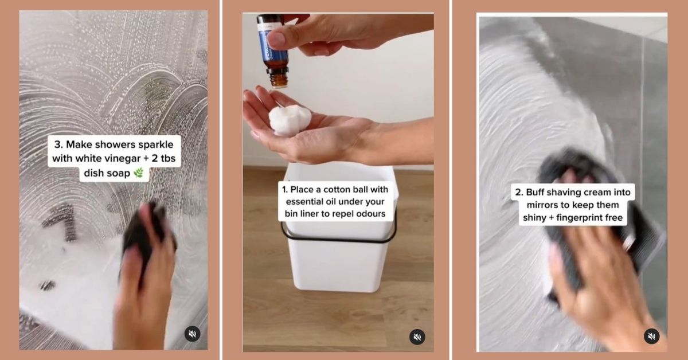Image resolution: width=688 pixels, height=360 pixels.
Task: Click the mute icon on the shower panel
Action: [192, 334]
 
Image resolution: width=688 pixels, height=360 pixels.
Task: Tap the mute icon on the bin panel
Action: [417, 337]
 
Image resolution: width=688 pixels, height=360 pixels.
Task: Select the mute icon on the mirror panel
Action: [651, 336]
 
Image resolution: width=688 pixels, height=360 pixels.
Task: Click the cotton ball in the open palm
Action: [290, 119]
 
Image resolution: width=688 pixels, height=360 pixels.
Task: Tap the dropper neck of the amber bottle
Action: [278, 79]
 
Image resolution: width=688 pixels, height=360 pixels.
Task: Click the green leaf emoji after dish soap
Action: [139, 173]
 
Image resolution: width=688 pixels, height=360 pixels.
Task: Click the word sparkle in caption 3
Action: [156, 144]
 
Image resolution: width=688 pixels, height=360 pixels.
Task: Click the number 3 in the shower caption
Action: [57, 144]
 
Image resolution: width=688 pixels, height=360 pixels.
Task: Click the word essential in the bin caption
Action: [302, 202]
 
